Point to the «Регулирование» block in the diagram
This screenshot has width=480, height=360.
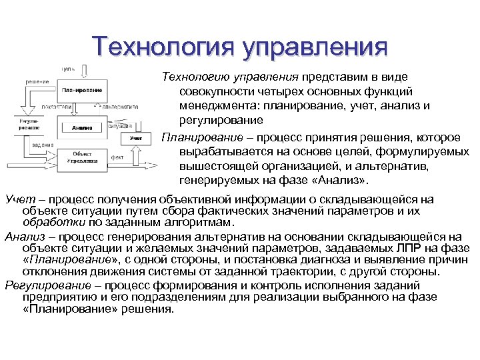pyautogui.click(x=28, y=125)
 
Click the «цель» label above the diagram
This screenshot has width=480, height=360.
pyautogui.click(x=67, y=68)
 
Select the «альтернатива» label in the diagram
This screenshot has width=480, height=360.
pyautogui.click(x=120, y=106)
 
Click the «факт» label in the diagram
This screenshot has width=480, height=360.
pyautogui.click(x=117, y=158)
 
